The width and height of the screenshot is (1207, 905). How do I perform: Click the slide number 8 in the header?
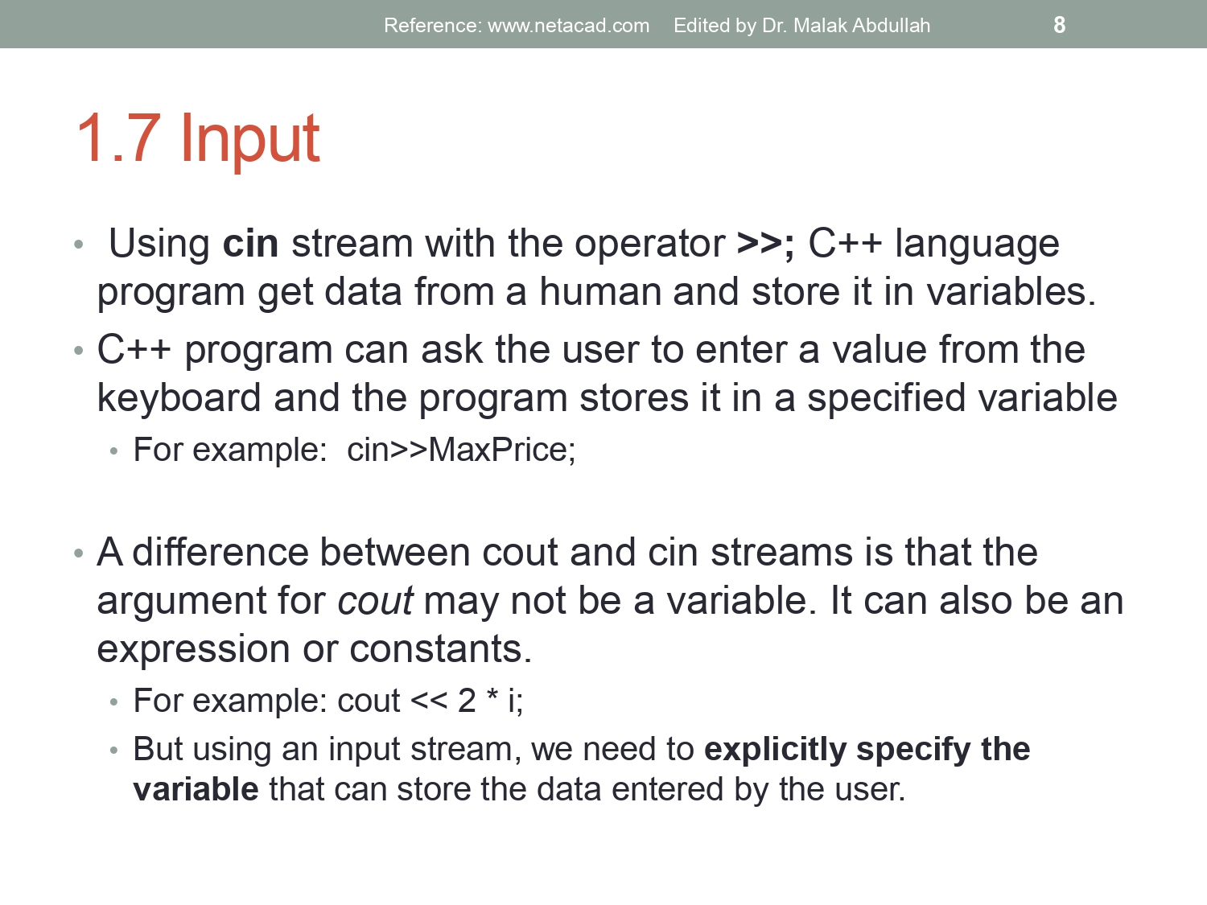(x=1059, y=25)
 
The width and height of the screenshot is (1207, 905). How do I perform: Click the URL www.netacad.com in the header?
(x=568, y=26)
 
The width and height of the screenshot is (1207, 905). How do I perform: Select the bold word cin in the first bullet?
(x=250, y=244)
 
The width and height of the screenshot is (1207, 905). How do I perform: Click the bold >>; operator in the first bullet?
(x=765, y=244)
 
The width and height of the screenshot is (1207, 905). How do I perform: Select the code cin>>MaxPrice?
(x=461, y=450)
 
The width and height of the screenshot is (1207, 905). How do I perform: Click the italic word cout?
(x=375, y=602)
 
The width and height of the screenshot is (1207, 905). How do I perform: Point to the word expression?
(x=193, y=650)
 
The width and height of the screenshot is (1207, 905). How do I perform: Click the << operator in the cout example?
(x=428, y=701)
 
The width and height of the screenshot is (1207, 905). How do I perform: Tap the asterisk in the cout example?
(x=492, y=697)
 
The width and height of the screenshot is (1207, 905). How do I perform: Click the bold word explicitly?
(x=775, y=750)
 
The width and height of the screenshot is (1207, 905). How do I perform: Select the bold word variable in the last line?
(x=196, y=790)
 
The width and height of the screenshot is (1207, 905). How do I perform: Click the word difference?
(x=220, y=553)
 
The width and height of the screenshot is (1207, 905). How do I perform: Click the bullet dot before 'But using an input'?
(x=114, y=751)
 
